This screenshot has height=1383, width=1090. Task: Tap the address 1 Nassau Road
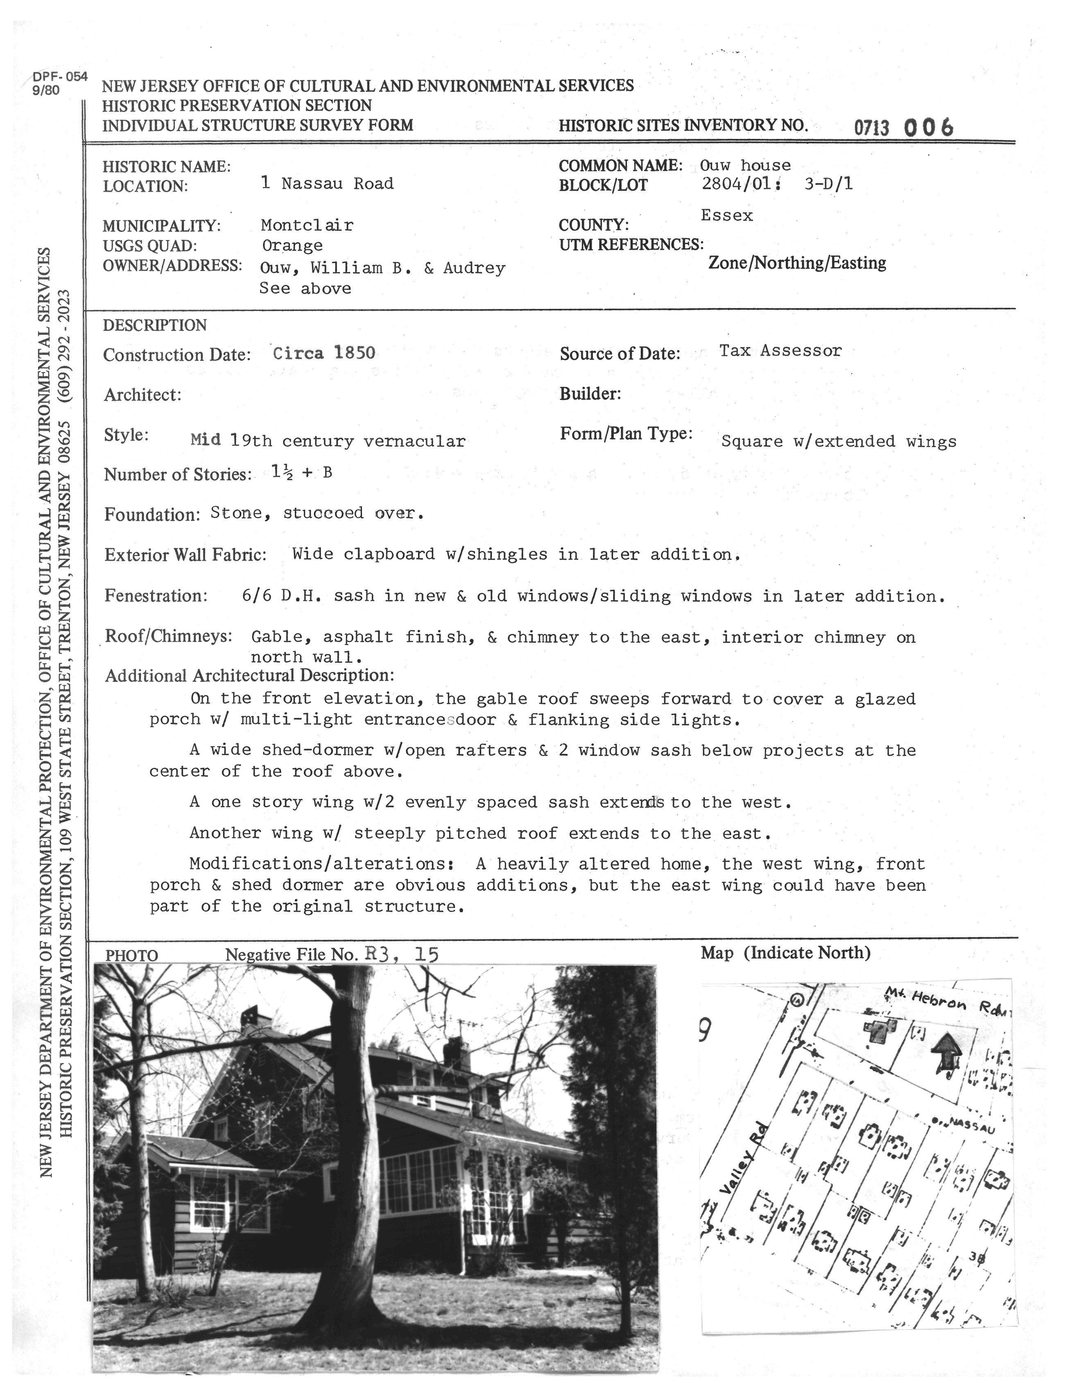coord(328,184)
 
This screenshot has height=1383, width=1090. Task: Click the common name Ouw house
coord(745,166)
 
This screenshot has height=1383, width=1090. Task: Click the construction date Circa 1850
coord(324,353)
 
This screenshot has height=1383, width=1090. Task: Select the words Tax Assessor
coord(780,350)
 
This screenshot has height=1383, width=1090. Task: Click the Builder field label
coord(590,394)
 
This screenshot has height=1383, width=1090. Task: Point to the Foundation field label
coord(152,515)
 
